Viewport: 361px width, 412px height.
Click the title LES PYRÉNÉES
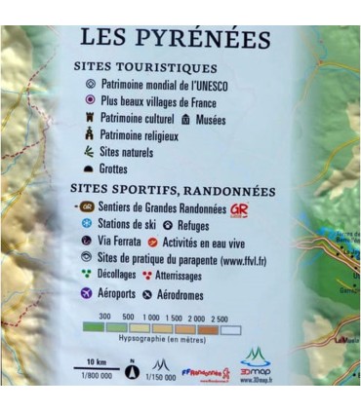point(175,39)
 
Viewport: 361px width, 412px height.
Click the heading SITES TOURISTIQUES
point(144,67)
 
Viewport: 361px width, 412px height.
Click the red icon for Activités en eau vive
point(166,241)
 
